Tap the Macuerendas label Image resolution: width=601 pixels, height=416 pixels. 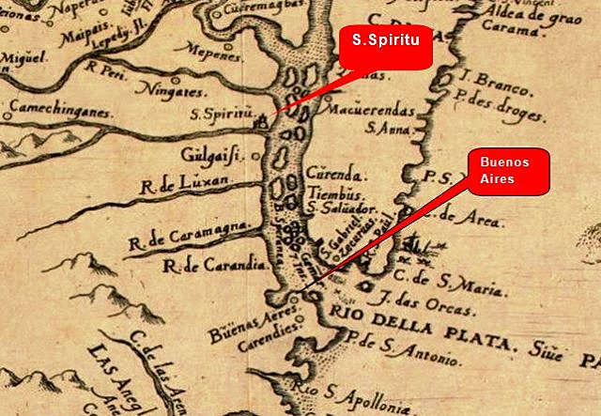[358, 110]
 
